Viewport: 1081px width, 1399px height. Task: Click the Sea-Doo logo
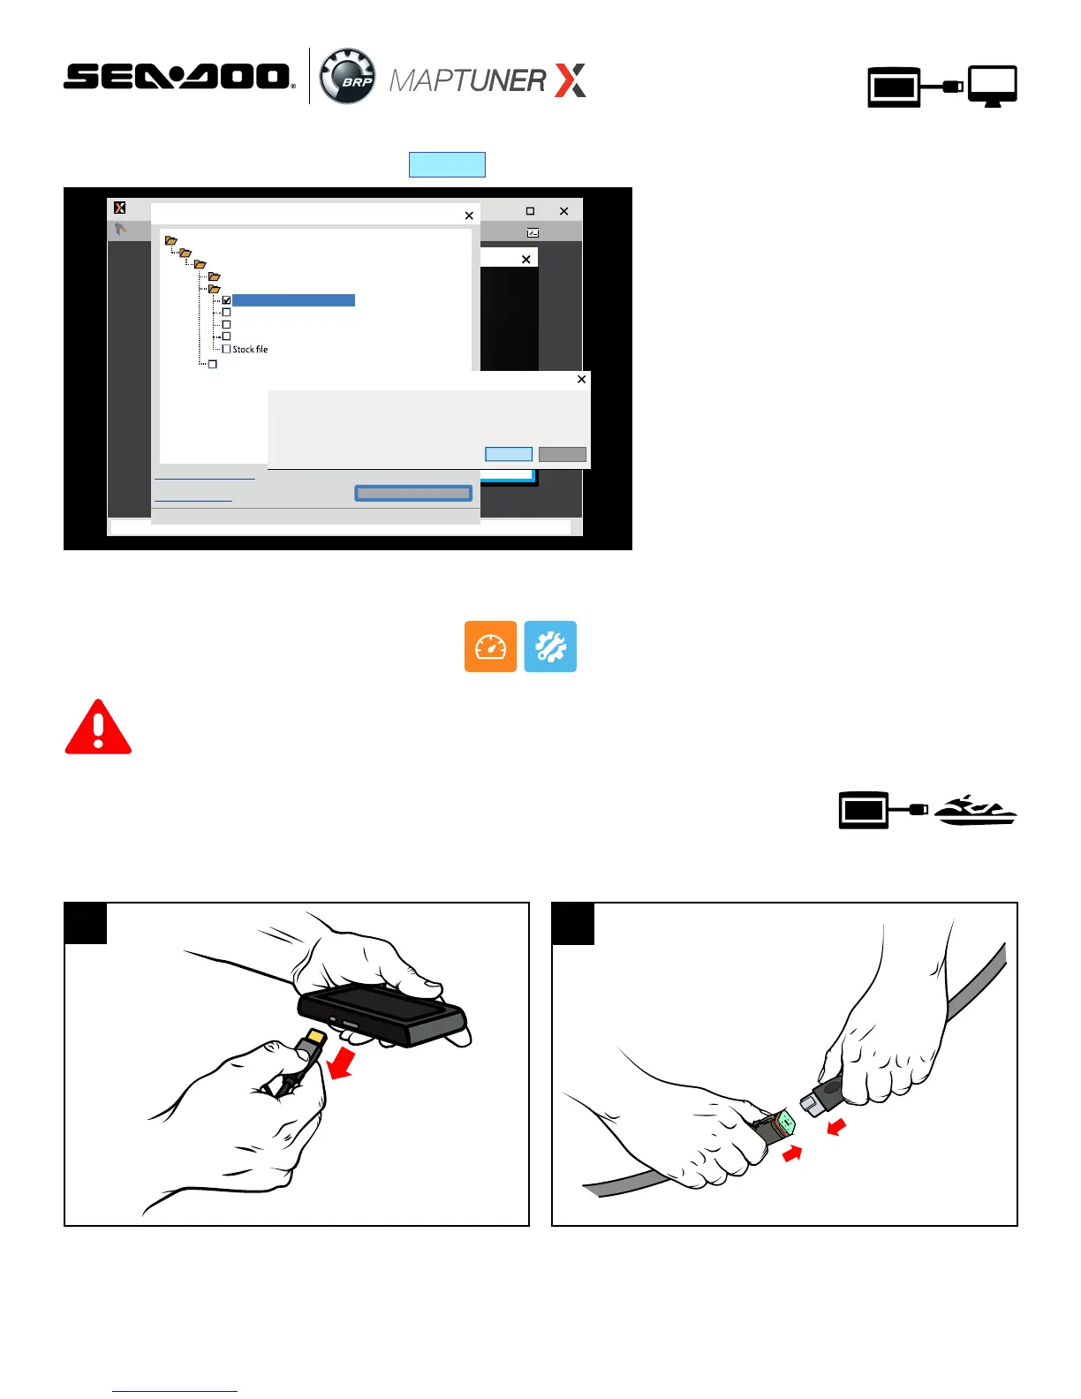point(179,76)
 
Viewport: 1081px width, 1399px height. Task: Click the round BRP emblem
point(348,76)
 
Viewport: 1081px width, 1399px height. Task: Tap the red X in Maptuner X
point(571,80)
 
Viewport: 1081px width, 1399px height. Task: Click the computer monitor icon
point(992,86)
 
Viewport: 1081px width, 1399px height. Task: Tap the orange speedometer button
point(490,647)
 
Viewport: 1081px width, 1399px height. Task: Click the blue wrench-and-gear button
point(550,647)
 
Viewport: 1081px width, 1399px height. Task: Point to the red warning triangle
point(98,727)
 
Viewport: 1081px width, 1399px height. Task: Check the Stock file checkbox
point(226,349)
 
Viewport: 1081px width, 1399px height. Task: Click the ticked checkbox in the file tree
point(226,300)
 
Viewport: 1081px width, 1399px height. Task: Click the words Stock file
point(250,349)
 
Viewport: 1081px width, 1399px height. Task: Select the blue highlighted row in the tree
point(293,300)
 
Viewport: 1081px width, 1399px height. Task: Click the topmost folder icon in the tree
point(170,240)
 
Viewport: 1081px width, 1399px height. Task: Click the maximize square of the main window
point(530,210)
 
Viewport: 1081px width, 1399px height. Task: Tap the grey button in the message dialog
point(562,454)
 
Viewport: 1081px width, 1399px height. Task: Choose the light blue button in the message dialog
point(509,454)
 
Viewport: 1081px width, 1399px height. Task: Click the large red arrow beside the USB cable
point(341,1062)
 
